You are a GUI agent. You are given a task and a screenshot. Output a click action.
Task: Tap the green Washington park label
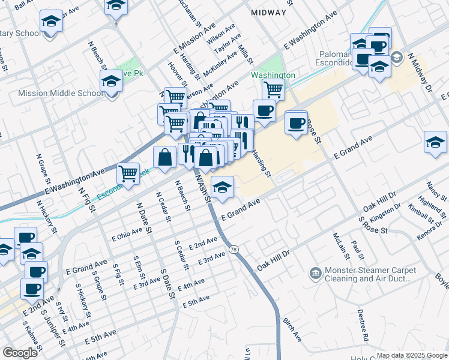click(273, 75)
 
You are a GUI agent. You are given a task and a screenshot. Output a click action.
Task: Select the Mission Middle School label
click(61, 93)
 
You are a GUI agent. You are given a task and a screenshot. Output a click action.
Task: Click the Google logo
click(20, 352)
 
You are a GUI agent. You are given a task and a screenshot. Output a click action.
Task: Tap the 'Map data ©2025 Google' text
click(411, 355)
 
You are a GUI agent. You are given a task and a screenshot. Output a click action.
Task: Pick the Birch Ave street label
click(292, 330)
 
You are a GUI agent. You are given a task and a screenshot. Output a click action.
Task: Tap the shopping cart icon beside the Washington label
click(273, 89)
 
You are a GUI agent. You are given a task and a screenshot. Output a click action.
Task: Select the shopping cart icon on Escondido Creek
click(128, 173)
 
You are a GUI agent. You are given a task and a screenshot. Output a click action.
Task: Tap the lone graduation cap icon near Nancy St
click(435, 142)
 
